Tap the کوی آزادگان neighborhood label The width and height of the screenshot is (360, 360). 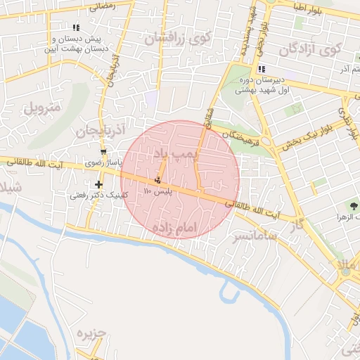tap(309, 50)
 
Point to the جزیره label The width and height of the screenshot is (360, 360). tap(91, 333)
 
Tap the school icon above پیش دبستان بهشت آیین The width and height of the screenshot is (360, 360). tap(76, 27)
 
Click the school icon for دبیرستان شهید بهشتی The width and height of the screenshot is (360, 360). tap(262, 69)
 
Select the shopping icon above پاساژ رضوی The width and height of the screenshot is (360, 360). tap(104, 153)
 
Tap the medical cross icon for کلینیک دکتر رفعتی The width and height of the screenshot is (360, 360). tap(99, 185)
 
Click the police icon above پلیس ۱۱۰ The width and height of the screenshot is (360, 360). tap(157, 179)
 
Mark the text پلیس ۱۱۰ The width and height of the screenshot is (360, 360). tap(157, 191)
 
